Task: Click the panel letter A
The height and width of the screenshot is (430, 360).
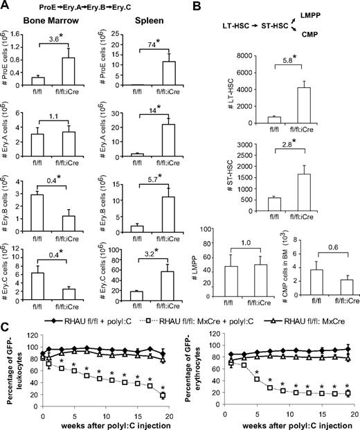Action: [6, 6]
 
